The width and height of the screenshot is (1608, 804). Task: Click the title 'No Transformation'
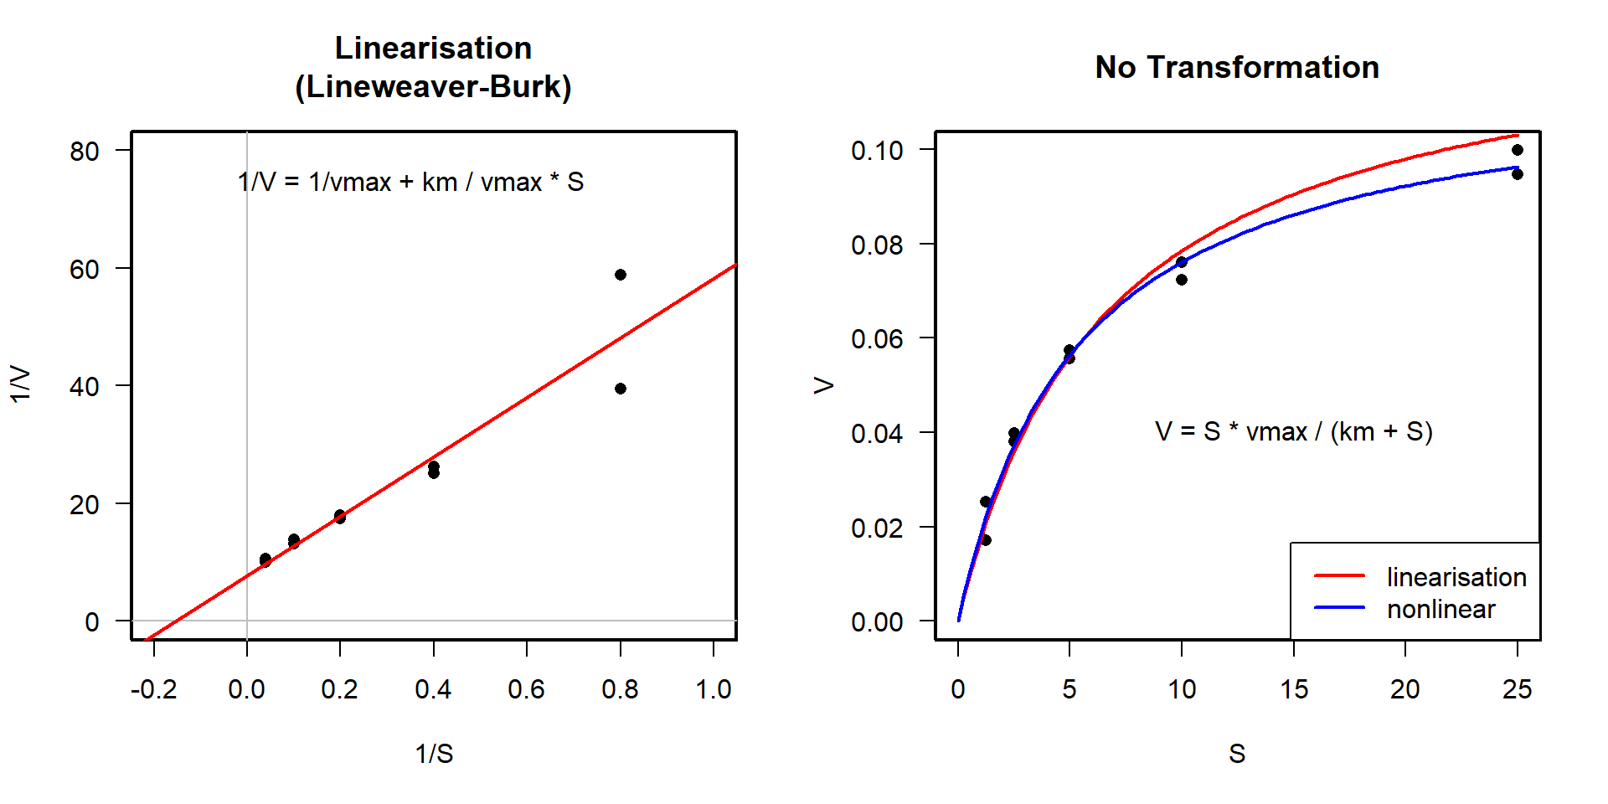(x=1237, y=67)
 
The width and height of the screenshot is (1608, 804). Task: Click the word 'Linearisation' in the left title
(x=433, y=48)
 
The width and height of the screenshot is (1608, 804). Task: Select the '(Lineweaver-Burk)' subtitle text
(x=433, y=86)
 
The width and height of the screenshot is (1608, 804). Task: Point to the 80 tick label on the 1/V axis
(x=85, y=152)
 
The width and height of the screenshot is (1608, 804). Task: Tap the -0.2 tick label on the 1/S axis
(x=153, y=689)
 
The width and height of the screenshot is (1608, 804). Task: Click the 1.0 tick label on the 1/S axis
(x=713, y=689)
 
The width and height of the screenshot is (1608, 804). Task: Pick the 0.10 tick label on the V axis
(x=877, y=151)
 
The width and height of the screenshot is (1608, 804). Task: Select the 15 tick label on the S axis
(x=1293, y=689)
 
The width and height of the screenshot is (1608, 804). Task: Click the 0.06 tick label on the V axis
(x=877, y=339)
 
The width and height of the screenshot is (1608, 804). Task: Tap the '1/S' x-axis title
(x=434, y=754)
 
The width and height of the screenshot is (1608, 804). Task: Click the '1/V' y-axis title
(x=20, y=384)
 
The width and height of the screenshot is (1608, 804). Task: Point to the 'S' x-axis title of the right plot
(x=1237, y=754)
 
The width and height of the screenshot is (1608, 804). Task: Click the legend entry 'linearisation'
(x=1456, y=577)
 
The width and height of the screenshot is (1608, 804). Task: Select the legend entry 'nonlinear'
(x=1440, y=609)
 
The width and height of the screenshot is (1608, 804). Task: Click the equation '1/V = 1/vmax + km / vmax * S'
(x=410, y=182)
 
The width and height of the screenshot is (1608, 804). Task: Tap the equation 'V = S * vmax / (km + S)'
(x=1293, y=431)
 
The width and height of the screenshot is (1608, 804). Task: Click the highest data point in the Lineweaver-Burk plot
(x=621, y=275)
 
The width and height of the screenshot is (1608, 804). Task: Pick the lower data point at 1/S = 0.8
(x=621, y=389)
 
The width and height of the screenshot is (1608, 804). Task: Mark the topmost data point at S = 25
(x=1518, y=150)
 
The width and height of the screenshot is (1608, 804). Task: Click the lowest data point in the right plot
(x=986, y=540)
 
